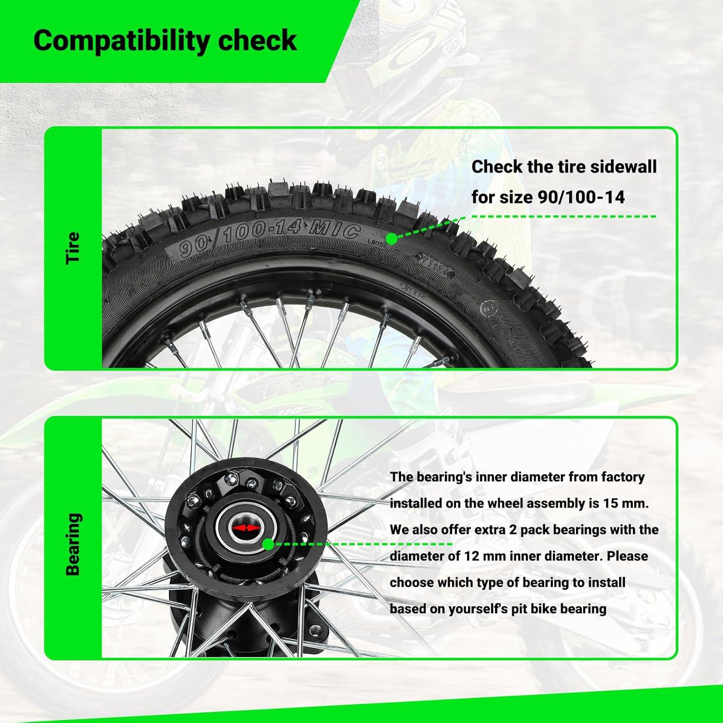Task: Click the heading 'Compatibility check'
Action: click(165, 40)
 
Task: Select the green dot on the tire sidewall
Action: click(392, 239)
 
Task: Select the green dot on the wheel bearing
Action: click(268, 545)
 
